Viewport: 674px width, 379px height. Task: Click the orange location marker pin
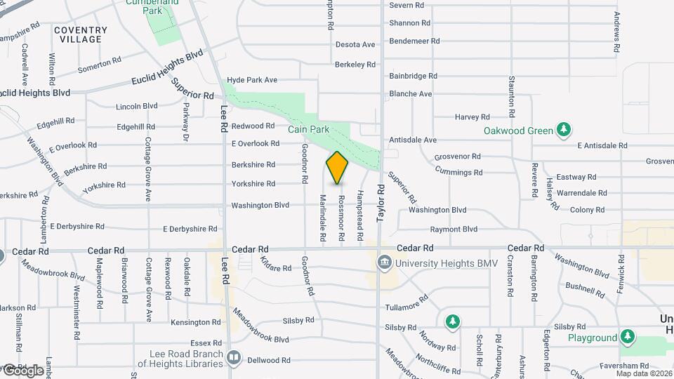[x=337, y=167]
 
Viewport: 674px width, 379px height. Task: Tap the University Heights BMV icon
[x=384, y=264]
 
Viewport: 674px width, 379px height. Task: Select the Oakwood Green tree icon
[x=562, y=130]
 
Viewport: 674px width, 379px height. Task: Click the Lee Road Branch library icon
[x=234, y=358]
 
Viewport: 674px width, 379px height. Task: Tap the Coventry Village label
[x=81, y=34]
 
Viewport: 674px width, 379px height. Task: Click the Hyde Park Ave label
[x=253, y=80]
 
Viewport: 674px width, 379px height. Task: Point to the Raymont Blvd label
[x=454, y=230]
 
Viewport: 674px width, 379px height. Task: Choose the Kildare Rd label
[x=275, y=265]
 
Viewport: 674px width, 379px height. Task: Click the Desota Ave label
[x=355, y=45]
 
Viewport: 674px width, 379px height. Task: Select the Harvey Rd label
[x=473, y=117]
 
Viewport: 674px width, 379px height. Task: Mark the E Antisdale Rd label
[x=602, y=145]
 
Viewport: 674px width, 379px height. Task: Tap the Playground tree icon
[x=627, y=338]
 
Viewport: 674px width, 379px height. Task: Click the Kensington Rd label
[x=196, y=322]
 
